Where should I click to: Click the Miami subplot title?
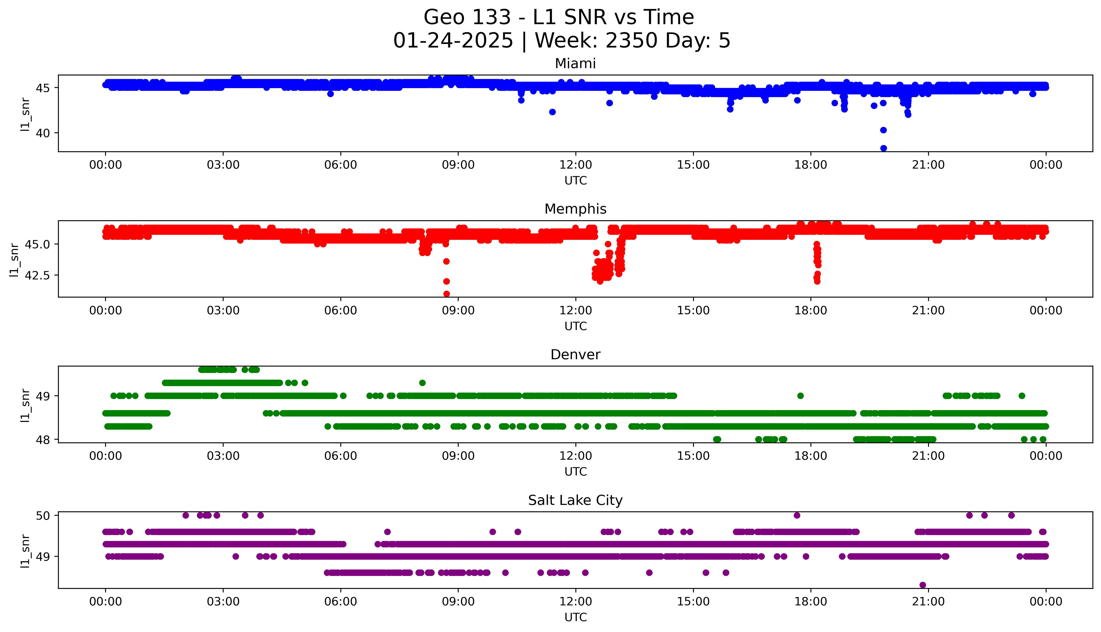coord(575,64)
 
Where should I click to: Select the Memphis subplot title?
coord(575,209)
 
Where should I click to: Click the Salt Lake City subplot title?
coord(575,501)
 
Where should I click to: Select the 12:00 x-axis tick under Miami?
coord(575,165)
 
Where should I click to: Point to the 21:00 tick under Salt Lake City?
coord(928,602)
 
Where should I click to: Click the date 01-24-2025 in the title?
coord(453,41)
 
